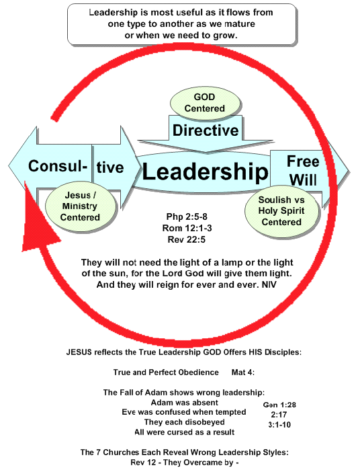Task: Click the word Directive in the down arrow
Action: pos(206,130)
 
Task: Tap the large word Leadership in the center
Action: pos(205,171)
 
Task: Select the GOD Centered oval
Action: pos(206,103)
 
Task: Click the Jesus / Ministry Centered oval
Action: pos(81,206)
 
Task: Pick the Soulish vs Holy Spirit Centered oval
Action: pos(281,210)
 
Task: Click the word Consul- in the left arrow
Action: pos(58,166)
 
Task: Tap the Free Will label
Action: pos(303,171)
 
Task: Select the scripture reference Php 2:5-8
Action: pos(187,216)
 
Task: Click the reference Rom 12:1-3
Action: pos(187,228)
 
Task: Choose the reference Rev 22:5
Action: pos(187,240)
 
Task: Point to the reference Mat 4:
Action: pos(243,372)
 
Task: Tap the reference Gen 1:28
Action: pos(279,405)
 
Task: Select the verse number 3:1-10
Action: pos(279,425)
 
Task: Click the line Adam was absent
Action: pos(184,403)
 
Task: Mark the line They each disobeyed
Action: pos(184,422)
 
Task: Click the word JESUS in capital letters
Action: pos(79,352)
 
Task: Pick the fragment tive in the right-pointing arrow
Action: pos(110,167)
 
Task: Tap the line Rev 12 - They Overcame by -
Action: pos(185,463)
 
